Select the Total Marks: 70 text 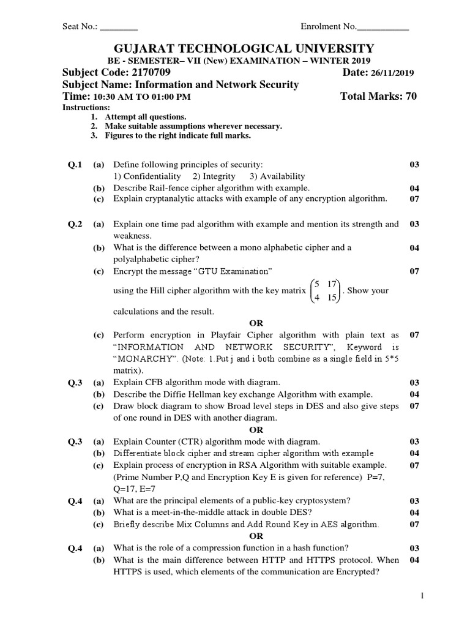point(378,97)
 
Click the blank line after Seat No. point(119,27)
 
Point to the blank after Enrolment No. point(382,27)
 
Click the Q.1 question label point(74,165)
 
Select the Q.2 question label point(74,224)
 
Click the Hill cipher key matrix point(325,291)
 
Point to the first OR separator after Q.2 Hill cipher point(256,323)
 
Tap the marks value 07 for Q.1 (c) point(414,199)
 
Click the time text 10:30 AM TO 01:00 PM point(141,97)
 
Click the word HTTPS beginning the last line point(127,571)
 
